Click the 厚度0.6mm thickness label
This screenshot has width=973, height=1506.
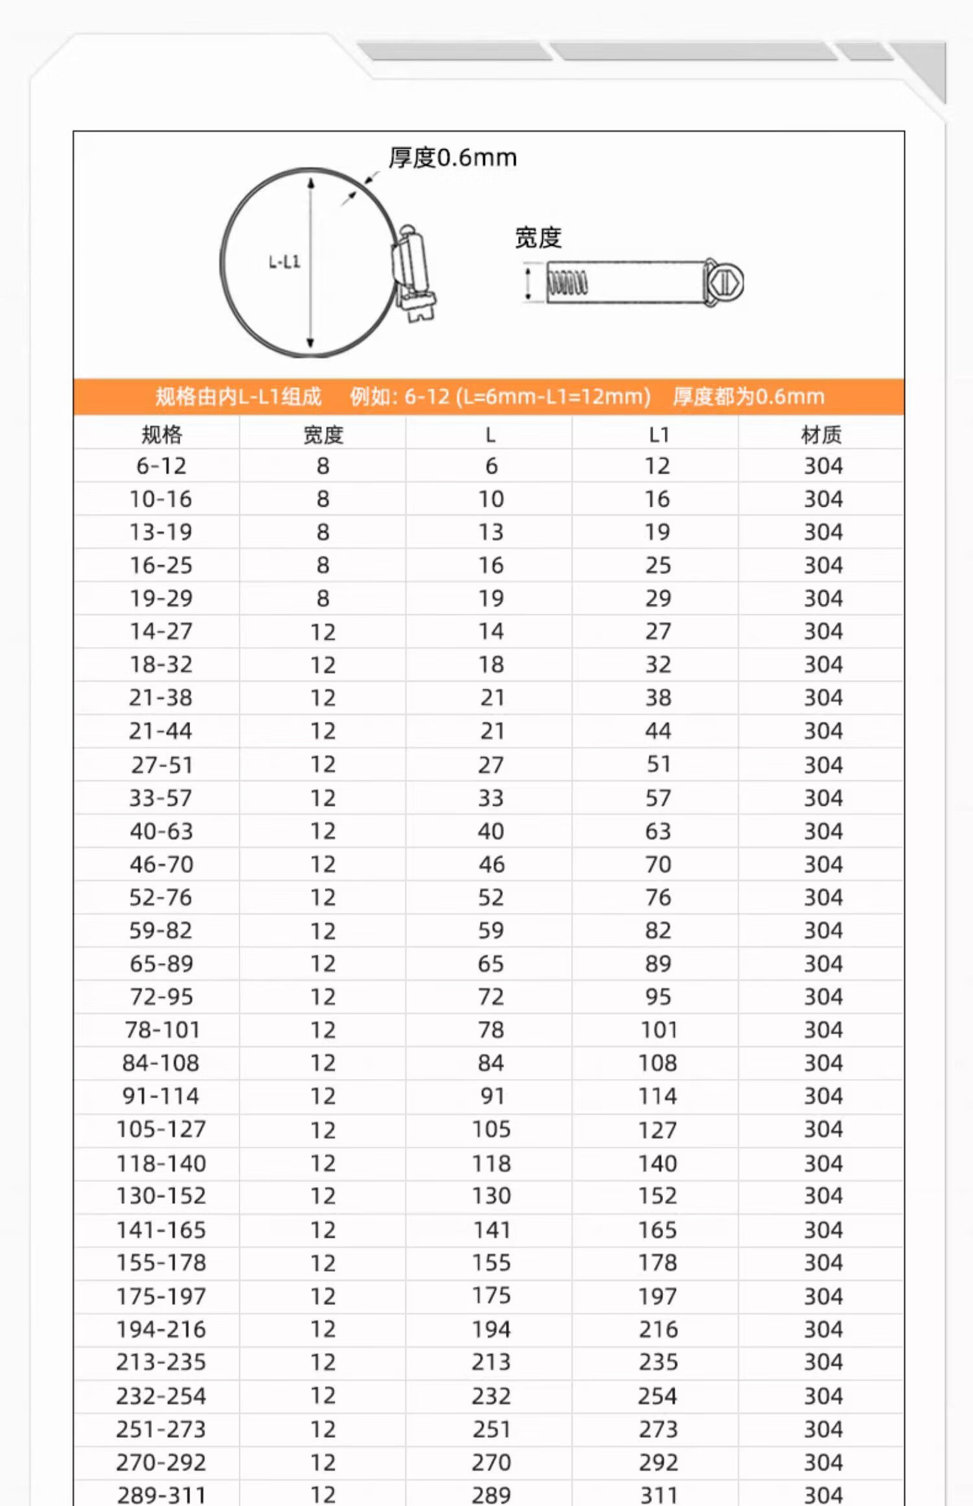(452, 158)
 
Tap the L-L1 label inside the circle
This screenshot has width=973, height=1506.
(284, 262)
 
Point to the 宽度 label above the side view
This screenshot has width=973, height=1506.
(538, 238)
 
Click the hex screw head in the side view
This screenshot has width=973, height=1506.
(724, 283)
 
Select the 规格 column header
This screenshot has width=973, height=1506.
(162, 435)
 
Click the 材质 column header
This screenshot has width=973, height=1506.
(821, 435)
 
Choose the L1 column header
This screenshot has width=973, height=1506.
(658, 435)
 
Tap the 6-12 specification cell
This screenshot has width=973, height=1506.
(162, 466)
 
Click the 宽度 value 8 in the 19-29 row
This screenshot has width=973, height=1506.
(323, 598)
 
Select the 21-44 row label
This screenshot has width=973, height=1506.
(161, 731)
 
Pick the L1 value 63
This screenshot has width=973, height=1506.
(658, 831)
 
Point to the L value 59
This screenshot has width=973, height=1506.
(491, 930)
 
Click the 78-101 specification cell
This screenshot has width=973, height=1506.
(162, 1029)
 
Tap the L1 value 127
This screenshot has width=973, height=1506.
(658, 1129)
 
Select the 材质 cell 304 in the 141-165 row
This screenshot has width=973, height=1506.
(823, 1229)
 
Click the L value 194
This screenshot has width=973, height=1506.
(491, 1329)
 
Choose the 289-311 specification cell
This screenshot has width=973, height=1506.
(162, 1495)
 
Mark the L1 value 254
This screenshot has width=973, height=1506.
(658, 1396)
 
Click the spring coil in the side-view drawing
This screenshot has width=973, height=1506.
(568, 283)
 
